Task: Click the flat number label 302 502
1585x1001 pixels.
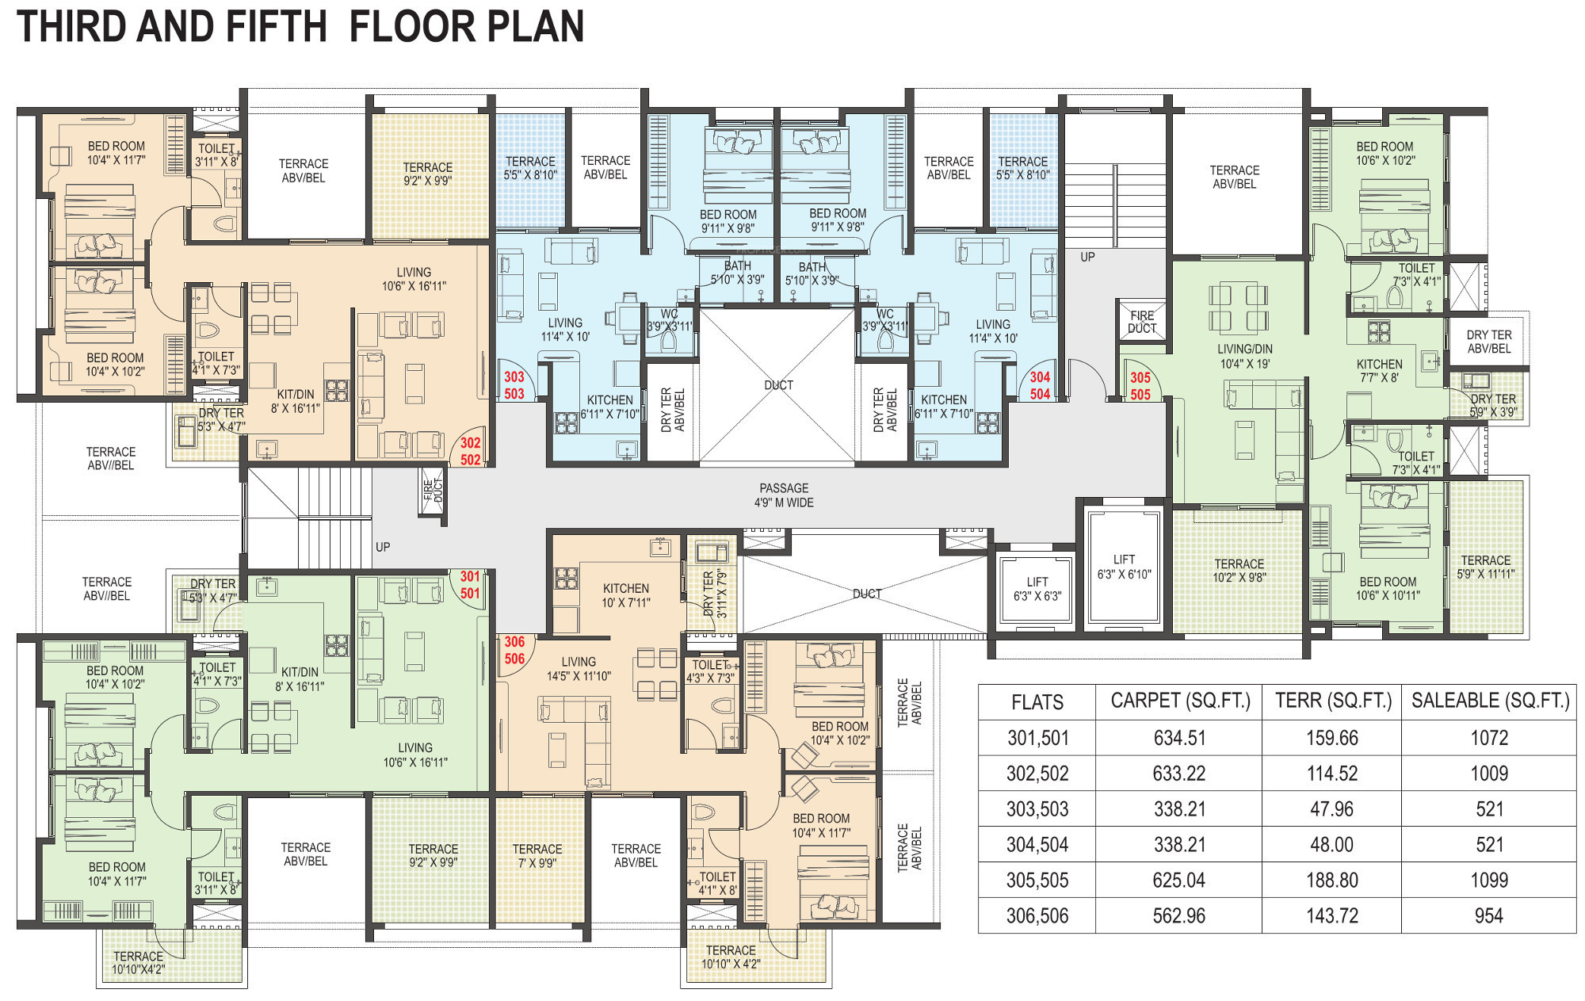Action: pos(470,451)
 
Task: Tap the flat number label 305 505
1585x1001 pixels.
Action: pos(1140,386)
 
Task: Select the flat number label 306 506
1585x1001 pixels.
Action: pos(514,650)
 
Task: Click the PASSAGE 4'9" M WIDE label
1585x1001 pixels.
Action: pos(784,495)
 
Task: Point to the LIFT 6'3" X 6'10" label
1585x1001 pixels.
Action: pos(1124,567)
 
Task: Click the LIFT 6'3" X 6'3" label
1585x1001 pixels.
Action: pos(1037,589)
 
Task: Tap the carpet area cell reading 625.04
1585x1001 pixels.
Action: pos(1179,880)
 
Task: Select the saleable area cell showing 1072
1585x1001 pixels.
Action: pos(1489,738)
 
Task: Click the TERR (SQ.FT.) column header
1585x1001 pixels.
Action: pos(1333,701)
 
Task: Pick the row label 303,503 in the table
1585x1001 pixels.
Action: pos(1037,809)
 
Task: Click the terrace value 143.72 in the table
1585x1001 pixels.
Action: pos(1332,915)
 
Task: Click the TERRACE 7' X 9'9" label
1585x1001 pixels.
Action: pos(537,855)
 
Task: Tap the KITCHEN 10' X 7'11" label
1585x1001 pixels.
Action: pos(626,595)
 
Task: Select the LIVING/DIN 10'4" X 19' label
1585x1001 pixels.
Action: pos(1245,356)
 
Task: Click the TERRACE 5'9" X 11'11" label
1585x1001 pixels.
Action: pos(1485,567)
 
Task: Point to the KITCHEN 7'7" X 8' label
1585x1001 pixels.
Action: pos(1380,371)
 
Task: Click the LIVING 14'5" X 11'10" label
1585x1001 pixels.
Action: pos(579,669)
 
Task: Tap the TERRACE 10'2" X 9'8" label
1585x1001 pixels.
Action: pos(1239,571)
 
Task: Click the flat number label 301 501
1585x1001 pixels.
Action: pos(470,585)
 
